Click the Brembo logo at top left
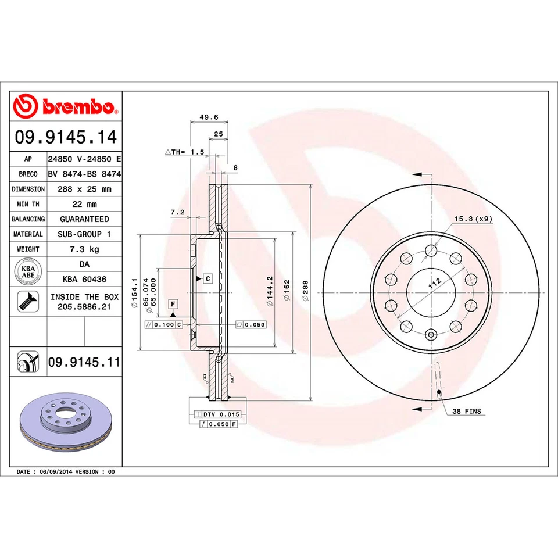[65, 106]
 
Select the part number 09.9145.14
[65, 138]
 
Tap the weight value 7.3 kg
[84, 249]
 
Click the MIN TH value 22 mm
[84, 204]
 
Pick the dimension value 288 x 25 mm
[84, 189]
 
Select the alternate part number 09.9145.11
[84, 362]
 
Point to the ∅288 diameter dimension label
[305, 290]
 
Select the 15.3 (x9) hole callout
[473, 219]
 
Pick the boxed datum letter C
[208, 278]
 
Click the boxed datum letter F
[173, 303]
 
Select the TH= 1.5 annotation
[186, 152]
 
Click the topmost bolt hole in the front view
[431, 251]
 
